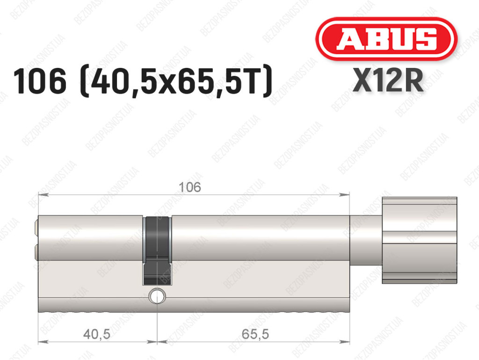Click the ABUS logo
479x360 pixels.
click(386, 39)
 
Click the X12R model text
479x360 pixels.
click(388, 81)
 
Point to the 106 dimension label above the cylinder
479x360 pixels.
click(190, 187)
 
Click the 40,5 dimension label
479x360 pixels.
click(96, 334)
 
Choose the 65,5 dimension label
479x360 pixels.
click(255, 334)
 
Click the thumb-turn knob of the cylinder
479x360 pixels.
click(420, 240)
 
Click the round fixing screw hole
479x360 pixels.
click(157, 296)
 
